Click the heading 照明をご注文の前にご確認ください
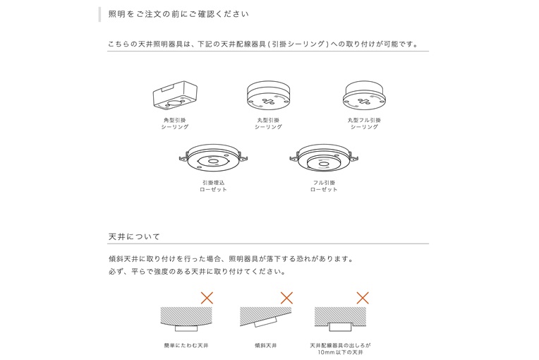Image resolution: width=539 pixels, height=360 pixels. coord(178,14)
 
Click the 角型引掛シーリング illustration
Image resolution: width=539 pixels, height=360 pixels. coord(175,96)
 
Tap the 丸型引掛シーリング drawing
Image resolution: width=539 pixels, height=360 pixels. coord(269,95)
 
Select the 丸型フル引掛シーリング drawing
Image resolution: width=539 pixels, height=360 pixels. coord(364,95)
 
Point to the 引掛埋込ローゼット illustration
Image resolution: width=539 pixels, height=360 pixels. coord(214,158)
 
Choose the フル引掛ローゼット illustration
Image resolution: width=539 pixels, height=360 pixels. coord(324,158)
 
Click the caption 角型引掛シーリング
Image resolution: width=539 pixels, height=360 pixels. coord(175,124)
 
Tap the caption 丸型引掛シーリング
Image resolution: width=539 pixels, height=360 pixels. coord(269,124)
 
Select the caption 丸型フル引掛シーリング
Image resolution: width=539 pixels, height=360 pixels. coord(364,124)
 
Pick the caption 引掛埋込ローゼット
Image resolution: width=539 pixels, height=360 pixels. coord(214,186)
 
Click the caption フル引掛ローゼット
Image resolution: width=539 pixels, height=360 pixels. coord(324,186)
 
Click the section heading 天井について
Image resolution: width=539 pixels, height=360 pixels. coord(135,236)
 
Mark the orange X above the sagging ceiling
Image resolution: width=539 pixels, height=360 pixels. coord(207,298)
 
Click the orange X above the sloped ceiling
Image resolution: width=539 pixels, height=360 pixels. coord(286,298)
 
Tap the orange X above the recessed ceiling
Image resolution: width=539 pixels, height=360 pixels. coord(363,298)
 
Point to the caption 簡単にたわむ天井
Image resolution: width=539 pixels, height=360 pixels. coord(186,346)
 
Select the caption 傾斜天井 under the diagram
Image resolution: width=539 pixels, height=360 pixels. coord(266,346)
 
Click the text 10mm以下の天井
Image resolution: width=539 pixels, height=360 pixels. coord(340,352)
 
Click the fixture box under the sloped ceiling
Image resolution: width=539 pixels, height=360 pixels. coord(266,322)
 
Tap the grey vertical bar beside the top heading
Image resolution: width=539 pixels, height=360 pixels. coord(99,14)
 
